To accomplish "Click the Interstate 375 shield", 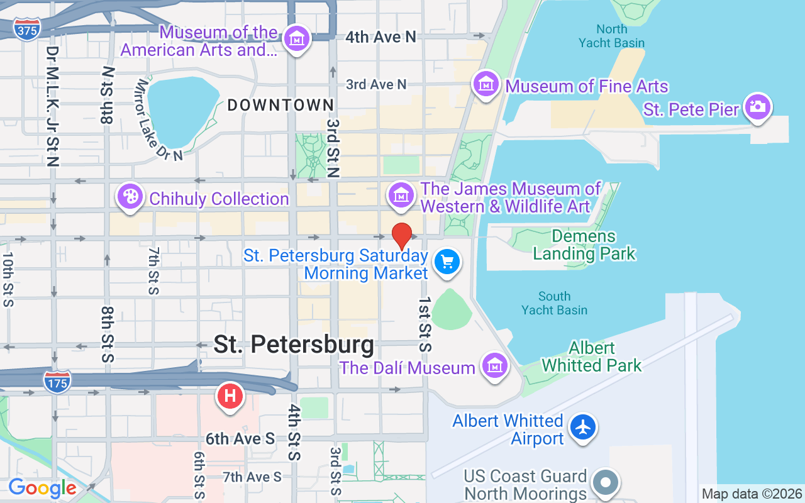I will pos(26,29).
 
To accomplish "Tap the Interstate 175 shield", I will pos(57,380).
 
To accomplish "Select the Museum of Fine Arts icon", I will pos(486,84).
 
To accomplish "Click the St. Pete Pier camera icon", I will pos(758,107).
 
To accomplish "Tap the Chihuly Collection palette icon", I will pos(130,197).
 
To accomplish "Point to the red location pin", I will pos(402,236).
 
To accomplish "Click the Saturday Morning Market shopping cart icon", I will pos(447,261).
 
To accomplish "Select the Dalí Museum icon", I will pos(494,365).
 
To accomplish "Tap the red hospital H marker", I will pos(230,396).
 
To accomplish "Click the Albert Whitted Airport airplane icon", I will pos(584,428).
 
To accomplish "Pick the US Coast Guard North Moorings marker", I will pos(606,483).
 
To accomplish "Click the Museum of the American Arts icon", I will pos(296,39).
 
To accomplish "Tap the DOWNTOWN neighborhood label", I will pos(280,105).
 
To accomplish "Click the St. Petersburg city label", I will pos(294,345).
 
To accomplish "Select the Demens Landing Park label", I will pos(584,245).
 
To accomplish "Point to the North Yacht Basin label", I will pos(612,36).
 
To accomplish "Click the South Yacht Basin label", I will pos(554,303).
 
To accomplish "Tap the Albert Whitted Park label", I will pos(591,357).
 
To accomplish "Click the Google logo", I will pos(42,488).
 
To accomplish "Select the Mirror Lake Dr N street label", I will pos(159,119).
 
